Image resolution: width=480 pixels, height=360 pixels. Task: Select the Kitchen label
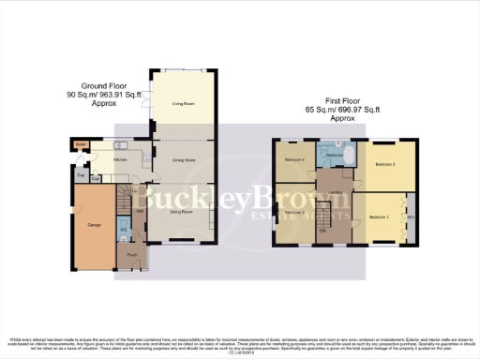coord(120,159)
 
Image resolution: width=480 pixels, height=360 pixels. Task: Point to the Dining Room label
coord(182,160)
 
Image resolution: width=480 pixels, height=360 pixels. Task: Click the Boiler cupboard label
coord(82,143)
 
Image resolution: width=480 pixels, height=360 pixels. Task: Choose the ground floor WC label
coord(124,229)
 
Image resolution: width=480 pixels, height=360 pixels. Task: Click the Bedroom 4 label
coord(295,158)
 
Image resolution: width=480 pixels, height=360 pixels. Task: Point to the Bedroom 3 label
coord(293,213)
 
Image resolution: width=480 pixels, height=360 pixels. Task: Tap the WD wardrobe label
coord(411,217)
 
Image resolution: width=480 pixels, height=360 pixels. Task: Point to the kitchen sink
coord(121,146)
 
